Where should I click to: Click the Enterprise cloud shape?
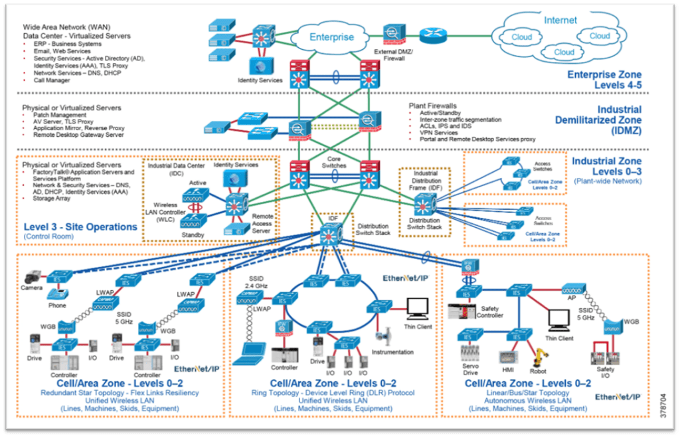(x=332, y=37)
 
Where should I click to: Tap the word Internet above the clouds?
(x=560, y=20)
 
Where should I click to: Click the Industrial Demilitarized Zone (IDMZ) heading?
(x=597, y=120)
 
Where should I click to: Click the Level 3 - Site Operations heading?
(x=80, y=226)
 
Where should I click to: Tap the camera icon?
(x=31, y=276)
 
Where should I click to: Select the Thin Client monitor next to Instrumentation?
(x=417, y=308)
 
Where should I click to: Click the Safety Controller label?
(x=492, y=311)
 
